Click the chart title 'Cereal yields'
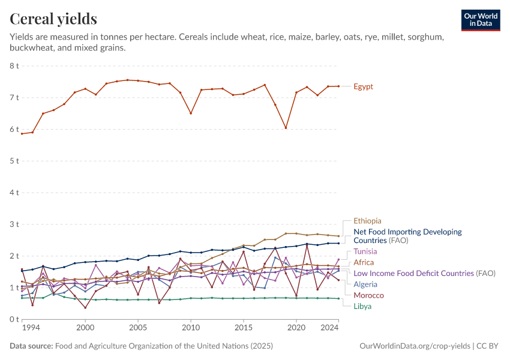point(53,19)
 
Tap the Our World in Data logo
point(481,20)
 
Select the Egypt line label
point(363,86)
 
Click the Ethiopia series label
point(367,221)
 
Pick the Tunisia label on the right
point(365,251)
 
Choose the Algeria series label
point(365,284)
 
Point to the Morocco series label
point(368,295)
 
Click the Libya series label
point(362,306)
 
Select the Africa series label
point(364,262)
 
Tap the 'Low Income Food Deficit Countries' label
point(414,273)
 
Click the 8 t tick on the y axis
point(14,65)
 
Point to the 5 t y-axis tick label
point(14,161)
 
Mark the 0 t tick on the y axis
point(14,319)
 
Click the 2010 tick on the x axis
point(191,328)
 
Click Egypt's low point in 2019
point(286,128)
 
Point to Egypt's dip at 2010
point(191,113)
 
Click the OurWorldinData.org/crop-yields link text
point(414,346)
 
